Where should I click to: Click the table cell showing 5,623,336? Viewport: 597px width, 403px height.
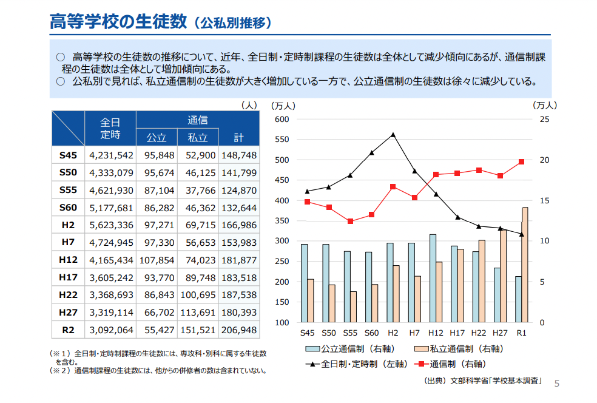coord(111,225)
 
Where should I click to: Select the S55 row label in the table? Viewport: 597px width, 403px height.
coord(68,190)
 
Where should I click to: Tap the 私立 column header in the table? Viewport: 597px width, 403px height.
coord(198,137)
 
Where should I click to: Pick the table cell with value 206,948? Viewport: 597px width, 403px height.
coord(239,331)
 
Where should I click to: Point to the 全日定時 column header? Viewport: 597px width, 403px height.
coord(110,128)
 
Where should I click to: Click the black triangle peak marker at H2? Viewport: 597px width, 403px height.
coord(393,135)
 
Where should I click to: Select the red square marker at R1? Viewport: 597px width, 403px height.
coord(521,161)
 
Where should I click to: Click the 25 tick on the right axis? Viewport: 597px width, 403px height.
coord(544,119)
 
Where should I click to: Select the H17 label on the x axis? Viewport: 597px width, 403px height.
coord(457,333)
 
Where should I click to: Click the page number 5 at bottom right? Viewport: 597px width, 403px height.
coord(557,383)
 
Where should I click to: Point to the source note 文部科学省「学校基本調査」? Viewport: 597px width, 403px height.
coord(494,382)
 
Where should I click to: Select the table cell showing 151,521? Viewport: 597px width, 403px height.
coord(198,331)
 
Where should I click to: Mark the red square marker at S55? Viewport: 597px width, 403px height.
coord(350,222)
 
